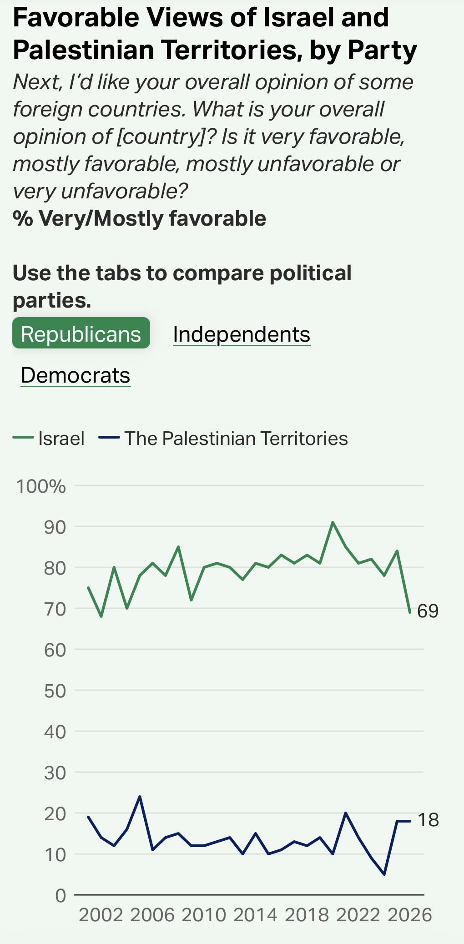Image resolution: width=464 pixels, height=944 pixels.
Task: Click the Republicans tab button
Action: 81,333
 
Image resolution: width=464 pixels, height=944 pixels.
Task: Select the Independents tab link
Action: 242,334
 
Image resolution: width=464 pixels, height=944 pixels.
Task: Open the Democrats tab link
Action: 76,375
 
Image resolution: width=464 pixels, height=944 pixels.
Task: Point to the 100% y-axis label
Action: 41,486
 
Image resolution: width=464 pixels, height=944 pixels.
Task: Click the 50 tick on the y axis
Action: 55,691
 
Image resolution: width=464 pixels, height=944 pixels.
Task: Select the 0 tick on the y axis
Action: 61,895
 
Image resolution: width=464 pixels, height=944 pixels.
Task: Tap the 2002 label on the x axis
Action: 101,915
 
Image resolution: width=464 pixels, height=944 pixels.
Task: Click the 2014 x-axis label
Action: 255,915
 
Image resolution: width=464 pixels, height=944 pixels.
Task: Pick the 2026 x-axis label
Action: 409,915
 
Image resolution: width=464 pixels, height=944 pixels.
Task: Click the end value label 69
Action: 428,611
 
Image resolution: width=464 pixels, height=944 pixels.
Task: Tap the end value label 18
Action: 428,820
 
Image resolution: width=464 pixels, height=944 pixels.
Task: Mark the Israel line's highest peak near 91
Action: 333,522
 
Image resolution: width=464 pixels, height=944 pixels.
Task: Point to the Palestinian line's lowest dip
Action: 384,874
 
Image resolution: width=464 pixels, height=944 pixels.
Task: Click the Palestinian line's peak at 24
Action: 140,797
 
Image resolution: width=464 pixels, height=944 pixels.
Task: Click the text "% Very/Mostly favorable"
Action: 139,218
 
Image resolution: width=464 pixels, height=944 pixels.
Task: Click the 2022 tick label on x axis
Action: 358,915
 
